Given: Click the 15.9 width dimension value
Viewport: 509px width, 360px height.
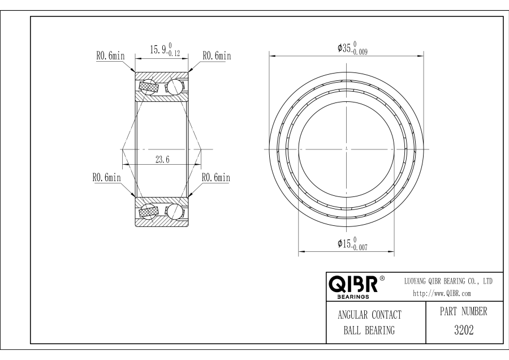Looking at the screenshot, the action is point(165,50).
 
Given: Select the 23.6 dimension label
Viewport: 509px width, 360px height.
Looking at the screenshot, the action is point(162,160).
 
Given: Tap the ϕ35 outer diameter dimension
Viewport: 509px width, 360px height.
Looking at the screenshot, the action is point(352,48).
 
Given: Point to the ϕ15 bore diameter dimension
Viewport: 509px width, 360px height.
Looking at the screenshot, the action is point(352,243).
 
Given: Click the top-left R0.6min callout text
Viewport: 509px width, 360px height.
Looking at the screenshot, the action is point(110,55).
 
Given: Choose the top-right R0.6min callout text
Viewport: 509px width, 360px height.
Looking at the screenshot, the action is point(217,55).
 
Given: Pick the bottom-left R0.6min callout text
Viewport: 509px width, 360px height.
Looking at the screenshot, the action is point(106,177).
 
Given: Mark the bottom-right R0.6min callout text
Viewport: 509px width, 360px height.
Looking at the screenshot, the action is point(216,177).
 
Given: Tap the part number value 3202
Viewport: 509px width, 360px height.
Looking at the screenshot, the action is point(464,330).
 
